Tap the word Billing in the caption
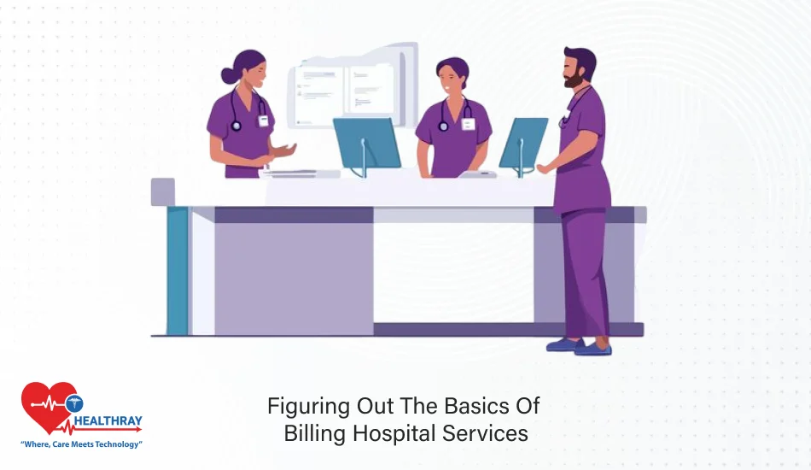[318, 432]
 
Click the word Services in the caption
[484, 432]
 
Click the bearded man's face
[576, 73]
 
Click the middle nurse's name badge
[468, 124]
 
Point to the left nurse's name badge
[263, 120]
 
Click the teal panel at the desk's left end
[177, 270]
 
